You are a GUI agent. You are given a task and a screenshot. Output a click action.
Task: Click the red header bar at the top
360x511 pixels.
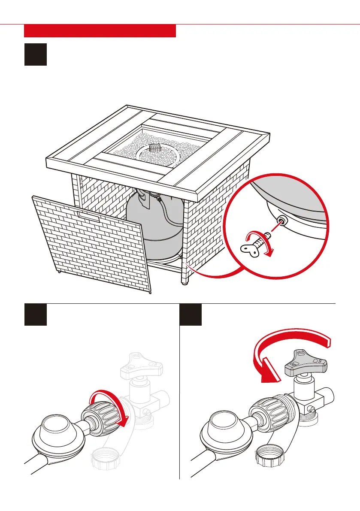click(x=100, y=31)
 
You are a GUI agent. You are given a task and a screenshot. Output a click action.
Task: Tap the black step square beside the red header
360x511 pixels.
click(x=35, y=54)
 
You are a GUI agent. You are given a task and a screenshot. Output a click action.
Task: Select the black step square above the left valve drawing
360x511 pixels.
click(x=35, y=314)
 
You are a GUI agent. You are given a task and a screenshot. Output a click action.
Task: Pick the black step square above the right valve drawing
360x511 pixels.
click(x=190, y=314)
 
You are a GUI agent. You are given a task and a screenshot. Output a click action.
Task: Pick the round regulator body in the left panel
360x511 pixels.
click(x=55, y=435)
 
